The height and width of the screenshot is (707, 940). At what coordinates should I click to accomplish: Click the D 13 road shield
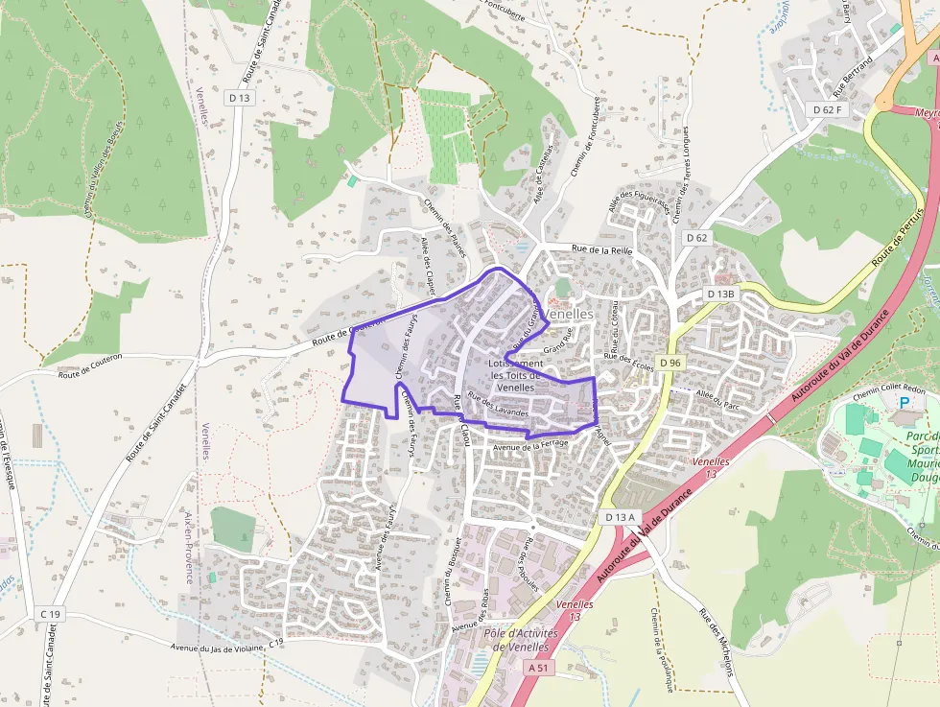click(239, 98)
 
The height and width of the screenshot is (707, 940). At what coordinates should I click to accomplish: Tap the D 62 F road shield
click(828, 109)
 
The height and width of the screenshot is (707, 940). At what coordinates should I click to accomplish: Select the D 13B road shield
click(720, 294)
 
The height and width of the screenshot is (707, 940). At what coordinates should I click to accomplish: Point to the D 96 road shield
click(670, 363)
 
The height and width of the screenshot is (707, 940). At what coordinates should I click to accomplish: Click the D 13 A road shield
click(621, 517)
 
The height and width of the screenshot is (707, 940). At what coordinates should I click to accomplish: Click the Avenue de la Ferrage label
click(529, 446)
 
